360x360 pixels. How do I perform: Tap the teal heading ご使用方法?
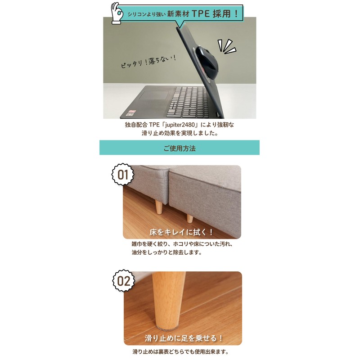[180, 148]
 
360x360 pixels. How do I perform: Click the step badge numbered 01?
[123, 174]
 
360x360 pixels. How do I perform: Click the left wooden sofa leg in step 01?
[158, 207]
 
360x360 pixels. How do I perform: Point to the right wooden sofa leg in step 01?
[189, 218]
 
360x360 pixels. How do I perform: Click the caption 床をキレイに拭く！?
[182, 232]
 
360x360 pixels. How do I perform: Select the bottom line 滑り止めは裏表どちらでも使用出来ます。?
[180, 352]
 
